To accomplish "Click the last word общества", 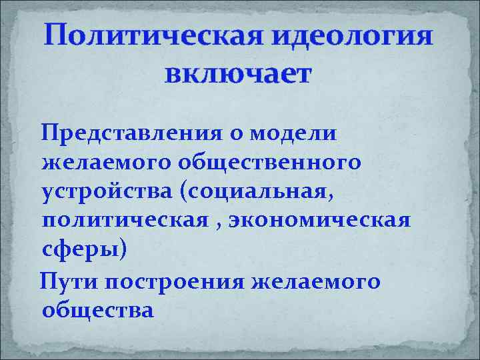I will (x=97, y=309).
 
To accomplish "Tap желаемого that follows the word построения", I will (x=315, y=281).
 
